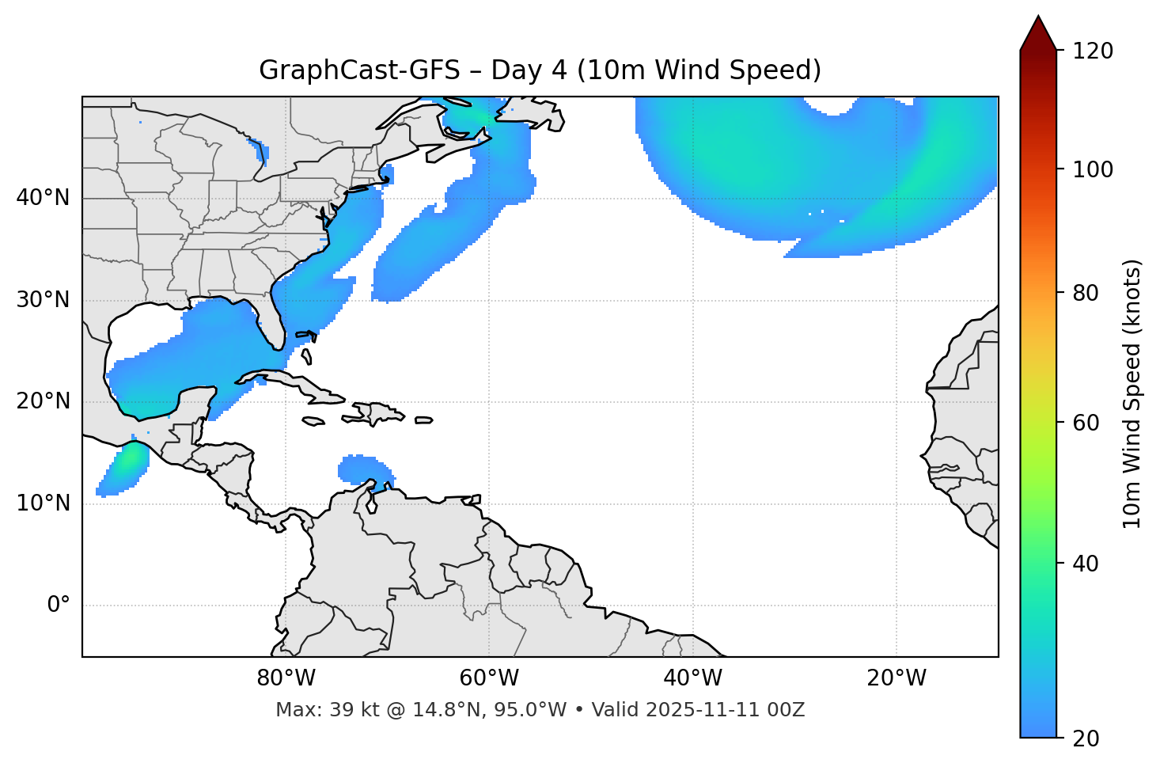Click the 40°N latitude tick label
pos(43,198)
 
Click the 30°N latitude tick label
pos(43,300)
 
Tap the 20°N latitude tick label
pos(43,401)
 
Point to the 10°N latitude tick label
pos(43,503)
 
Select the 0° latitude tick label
pos(59,606)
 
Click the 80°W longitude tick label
pos(286,678)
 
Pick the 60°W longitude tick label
pos(489,678)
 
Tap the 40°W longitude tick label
pos(692,678)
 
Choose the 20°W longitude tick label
pos(896,678)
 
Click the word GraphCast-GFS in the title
pos(359,70)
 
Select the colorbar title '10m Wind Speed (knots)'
pos(1132,394)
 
